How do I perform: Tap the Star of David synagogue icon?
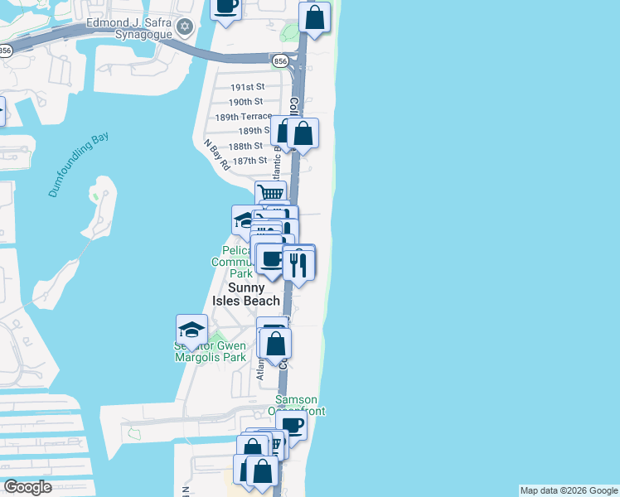point(185,27)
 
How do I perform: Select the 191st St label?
point(247,87)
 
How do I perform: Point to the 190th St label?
point(245,101)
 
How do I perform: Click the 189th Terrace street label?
point(243,117)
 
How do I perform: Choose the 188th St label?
point(247,145)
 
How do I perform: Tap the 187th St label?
point(249,160)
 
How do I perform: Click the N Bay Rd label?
point(217,155)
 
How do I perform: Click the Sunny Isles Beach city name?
point(246,295)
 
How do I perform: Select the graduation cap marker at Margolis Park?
point(191,329)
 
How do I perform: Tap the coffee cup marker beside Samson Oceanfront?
point(291,426)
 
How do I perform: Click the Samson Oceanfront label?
point(300,405)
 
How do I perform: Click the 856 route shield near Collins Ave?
point(279,60)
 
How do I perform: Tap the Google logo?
point(27,487)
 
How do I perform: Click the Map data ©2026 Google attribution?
point(569,490)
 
